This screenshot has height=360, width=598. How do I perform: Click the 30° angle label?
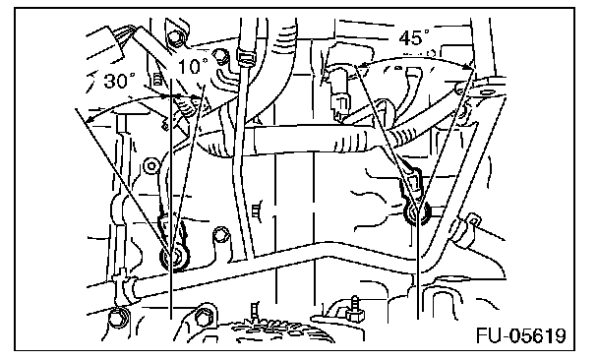point(119,81)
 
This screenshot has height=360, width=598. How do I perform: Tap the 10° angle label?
point(193,66)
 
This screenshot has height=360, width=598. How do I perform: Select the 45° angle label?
point(414,37)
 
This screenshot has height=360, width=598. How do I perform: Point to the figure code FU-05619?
point(521,335)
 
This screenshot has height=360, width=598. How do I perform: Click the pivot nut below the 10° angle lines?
point(174,257)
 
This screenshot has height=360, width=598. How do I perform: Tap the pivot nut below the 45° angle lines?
point(417,213)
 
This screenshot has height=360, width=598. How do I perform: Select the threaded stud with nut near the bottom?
point(354,309)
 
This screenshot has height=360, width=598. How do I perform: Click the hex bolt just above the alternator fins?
point(203,317)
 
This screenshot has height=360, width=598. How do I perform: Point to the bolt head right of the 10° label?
point(220,56)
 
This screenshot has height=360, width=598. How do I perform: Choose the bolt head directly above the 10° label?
point(174,38)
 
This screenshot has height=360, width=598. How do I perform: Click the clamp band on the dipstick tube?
point(245,56)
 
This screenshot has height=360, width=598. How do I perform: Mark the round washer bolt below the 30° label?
point(151,166)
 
